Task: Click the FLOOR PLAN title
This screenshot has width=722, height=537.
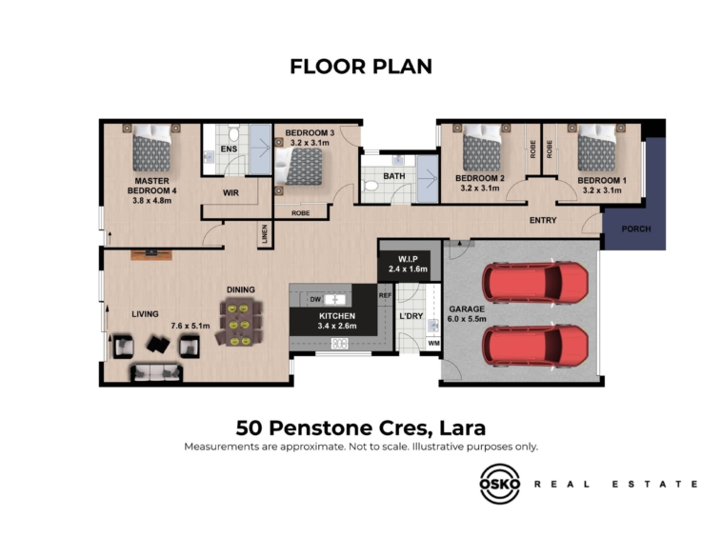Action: tap(361, 67)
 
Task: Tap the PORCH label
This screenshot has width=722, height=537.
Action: tap(636, 229)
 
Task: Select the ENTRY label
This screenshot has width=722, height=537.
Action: tap(543, 220)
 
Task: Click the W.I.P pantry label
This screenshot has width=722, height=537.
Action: tap(408, 260)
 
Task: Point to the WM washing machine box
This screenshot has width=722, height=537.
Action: tap(433, 344)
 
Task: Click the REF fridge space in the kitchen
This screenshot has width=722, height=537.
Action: tap(385, 295)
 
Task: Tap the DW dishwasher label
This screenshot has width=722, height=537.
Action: tap(315, 300)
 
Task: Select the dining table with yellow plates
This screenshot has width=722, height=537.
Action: tap(239, 322)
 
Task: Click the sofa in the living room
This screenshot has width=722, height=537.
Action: tap(156, 373)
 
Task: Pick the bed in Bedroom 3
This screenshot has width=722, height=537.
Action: tap(299, 166)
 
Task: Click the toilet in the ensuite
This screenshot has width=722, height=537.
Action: tap(234, 134)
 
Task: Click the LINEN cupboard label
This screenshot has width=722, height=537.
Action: tap(264, 234)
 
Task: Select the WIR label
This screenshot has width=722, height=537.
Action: tap(231, 192)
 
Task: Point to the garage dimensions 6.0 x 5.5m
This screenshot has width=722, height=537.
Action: tap(467, 318)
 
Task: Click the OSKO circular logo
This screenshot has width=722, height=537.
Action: tap(500, 484)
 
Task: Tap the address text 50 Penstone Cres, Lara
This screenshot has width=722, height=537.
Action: tap(361, 428)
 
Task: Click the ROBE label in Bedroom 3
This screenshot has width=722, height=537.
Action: tap(300, 213)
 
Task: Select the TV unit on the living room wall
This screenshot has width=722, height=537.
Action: tap(151, 254)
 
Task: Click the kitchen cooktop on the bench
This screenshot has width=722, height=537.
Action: tap(340, 344)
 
